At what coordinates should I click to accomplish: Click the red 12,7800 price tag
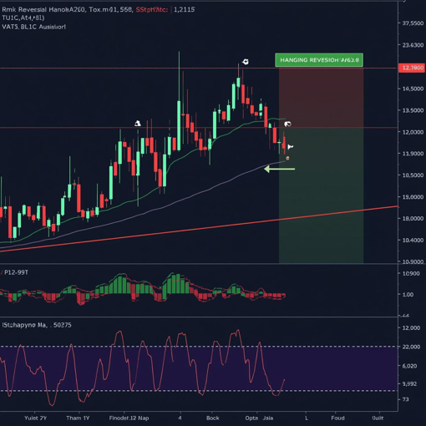pyautogui.click(x=412, y=68)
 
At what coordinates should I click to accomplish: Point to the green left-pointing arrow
pyautogui.click(x=279, y=169)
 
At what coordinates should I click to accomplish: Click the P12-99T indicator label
pyautogui.click(x=16, y=272)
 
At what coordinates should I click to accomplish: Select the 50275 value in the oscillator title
pyautogui.click(x=61, y=324)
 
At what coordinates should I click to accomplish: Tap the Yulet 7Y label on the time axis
pyautogui.click(x=36, y=417)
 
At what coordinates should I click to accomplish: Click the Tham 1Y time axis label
pyautogui.click(x=79, y=417)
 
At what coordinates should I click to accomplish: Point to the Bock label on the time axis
pyautogui.click(x=213, y=417)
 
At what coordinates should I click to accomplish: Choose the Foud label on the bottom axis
pyautogui.click(x=337, y=417)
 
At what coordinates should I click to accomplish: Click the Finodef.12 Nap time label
pyautogui.click(x=129, y=417)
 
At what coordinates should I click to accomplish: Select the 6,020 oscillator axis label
pyautogui.click(x=411, y=366)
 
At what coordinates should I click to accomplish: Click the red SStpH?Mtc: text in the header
pyautogui.click(x=150, y=9)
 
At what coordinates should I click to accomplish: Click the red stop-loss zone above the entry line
pyautogui.click(x=320, y=98)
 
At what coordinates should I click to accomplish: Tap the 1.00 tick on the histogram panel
pyautogui.click(x=408, y=294)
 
